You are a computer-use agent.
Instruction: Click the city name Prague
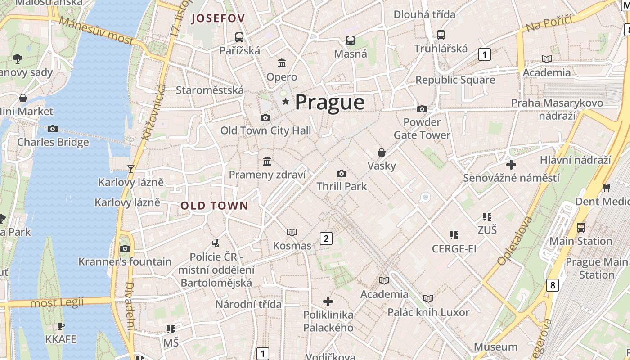[x=329, y=102]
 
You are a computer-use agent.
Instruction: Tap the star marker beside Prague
[x=285, y=102]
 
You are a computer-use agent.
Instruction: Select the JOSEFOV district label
[x=218, y=18]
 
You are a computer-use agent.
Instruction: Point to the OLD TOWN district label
[x=214, y=206]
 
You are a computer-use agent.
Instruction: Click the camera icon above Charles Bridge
[x=53, y=129]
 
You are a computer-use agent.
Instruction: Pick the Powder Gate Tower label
[x=422, y=129]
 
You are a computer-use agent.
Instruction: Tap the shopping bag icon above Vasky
[x=382, y=153]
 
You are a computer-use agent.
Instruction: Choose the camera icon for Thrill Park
[x=342, y=174]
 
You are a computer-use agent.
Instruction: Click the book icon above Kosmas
[x=292, y=232]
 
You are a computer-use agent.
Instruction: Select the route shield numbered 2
[x=326, y=238]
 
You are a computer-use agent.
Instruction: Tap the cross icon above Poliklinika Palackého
[x=328, y=301]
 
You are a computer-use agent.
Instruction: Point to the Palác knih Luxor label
[x=428, y=312]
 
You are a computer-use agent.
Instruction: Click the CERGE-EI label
[x=454, y=249]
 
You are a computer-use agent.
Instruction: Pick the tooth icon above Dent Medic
[x=606, y=188]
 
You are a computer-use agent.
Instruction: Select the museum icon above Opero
[x=282, y=63]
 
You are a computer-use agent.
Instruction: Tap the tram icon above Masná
[x=351, y=40]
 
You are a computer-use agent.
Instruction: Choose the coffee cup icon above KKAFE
[x=61, y=326]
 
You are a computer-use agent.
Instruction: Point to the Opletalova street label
[x=515, y=241]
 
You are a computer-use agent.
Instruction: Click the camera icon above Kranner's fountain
[x=125, y=248]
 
